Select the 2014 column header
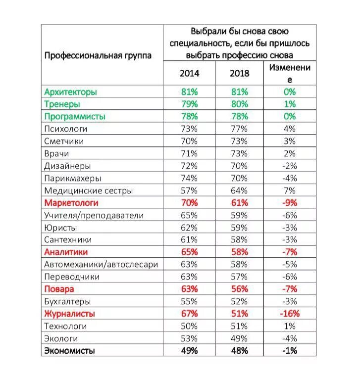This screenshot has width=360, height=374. (189, 73)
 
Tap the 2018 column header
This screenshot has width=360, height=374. (240, 73)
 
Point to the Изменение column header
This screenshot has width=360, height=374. (290, 73)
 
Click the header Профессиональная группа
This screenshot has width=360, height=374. (98, 56)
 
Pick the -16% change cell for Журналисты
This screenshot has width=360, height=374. (290, 314)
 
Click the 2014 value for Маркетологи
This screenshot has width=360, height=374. (189, 203)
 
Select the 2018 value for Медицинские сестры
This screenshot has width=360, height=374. (239, 190)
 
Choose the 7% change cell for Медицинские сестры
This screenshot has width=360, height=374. (290, 190)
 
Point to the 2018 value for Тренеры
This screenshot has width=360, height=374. (239, 104)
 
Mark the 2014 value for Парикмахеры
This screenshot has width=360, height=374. (189, 178)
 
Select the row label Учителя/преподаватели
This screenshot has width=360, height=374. (94, 215)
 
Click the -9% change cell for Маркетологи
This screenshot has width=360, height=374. (290, 203)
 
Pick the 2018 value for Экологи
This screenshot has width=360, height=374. (239, 338)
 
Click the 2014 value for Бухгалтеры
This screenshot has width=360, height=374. (189, 301)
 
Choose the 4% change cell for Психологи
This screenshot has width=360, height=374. (290, 129)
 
